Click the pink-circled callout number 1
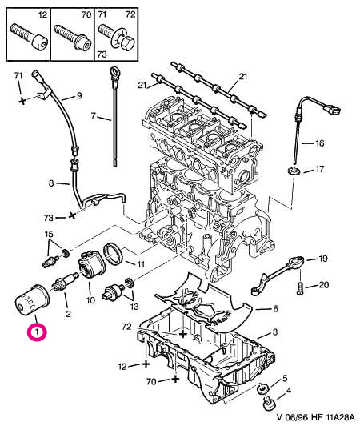pos(37,332)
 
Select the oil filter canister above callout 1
pos(32,300)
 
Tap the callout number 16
pos(320,143)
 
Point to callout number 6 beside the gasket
pos(275,308)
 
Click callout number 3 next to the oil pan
pos(274,332)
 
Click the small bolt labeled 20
pos(299,287)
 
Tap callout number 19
pos(322,259)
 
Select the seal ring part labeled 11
pos(114,254)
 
